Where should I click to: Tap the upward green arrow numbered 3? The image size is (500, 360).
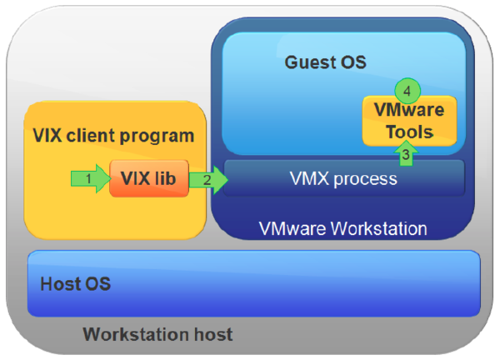404,152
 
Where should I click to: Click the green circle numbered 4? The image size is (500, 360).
407,88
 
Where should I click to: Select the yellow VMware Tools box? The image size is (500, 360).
408,121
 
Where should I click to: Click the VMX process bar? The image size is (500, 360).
343,178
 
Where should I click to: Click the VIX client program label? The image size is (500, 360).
113,135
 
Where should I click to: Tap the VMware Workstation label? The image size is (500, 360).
342,228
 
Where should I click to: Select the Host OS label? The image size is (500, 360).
76,284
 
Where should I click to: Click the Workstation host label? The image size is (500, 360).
157,335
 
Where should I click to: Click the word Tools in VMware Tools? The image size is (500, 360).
408,132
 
